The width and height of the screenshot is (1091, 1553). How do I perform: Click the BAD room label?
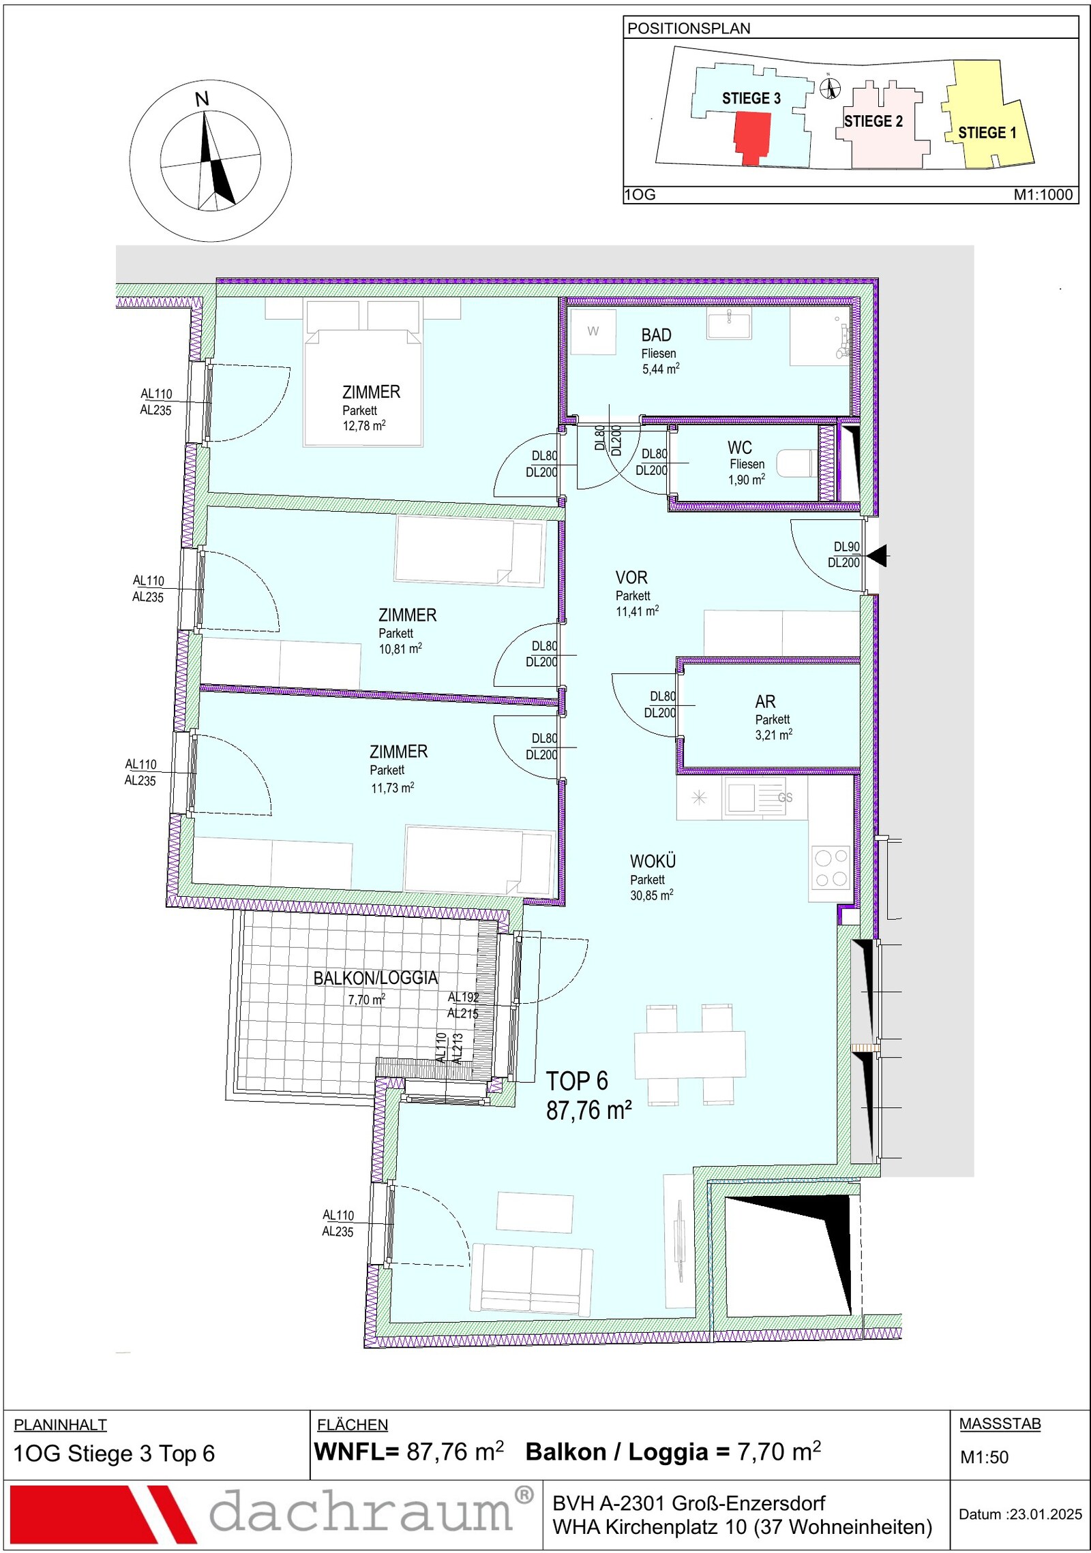click(656, 335)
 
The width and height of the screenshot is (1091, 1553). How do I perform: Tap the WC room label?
click(740, 448)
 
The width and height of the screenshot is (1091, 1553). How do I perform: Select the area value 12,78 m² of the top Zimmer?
click(364, 426)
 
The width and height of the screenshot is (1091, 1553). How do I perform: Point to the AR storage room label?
click(765, 701)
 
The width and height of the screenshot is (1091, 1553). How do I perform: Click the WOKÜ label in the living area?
click(653, 861)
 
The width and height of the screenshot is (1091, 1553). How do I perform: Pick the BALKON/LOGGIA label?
click(376, 978)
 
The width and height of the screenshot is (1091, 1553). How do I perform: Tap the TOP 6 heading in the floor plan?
click(577, 1081)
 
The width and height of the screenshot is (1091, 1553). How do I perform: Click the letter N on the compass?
click(202, 99)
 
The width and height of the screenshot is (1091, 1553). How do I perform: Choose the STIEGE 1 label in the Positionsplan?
click(987, 133)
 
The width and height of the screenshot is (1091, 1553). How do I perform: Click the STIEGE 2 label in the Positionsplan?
click(873, 121)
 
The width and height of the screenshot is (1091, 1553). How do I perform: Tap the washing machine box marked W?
click(593, 331)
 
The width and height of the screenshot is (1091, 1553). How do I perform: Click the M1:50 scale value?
click(984, 1457)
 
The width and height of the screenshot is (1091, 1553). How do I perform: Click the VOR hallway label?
click(631, 578)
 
